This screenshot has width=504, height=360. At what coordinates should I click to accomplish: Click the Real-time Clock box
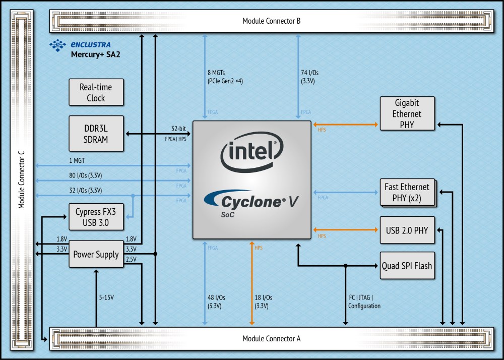click(96, 92)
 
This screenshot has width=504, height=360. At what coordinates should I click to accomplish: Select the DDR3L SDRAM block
click(96, 134)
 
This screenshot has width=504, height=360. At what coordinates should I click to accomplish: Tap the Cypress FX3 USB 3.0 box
click(96, 217)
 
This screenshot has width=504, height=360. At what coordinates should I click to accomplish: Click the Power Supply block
click(96, 254)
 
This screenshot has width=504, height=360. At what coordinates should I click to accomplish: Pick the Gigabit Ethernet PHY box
click(407, 113)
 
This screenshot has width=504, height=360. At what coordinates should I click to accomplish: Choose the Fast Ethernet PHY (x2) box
click(408, 193)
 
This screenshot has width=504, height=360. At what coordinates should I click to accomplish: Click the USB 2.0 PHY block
click(407, 230)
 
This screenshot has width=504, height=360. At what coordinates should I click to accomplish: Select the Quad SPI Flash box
click(407, 266)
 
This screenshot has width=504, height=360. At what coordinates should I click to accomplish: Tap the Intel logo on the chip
click(251, 151)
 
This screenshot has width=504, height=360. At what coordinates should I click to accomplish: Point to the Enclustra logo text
click(91, 45)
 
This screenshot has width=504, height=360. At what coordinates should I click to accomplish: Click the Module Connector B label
click(272, 21)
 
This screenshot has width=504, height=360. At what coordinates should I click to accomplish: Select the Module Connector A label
click(272, 338)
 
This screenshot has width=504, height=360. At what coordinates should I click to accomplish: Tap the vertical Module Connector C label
click(22, 179)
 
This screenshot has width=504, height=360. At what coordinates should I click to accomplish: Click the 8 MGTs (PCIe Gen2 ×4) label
click(225, 77)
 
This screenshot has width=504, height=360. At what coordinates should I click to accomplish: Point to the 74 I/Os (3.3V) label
click(309, 77)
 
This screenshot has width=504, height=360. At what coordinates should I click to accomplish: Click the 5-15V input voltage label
click(106, 297)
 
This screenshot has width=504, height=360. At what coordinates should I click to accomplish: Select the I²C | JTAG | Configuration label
click(364, 302)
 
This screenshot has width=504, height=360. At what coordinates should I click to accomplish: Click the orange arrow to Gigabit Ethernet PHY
click(346, 125)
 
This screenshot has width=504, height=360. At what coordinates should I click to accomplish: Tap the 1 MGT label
click(77, 160)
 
